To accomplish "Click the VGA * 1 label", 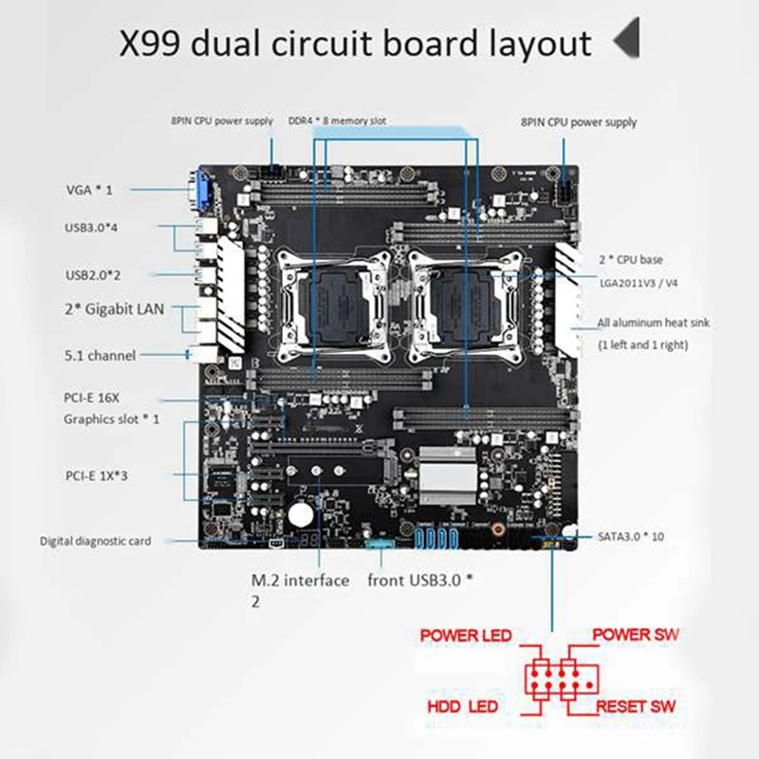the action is click(90, 190).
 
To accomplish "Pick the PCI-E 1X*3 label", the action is click(97, 475).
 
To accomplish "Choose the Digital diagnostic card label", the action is click(95, 542).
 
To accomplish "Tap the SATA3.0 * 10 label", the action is click(633, 536).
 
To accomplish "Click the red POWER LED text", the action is click(466, 635).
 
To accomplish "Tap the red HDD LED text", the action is click(462, 708).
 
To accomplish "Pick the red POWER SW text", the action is click(636, 634).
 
